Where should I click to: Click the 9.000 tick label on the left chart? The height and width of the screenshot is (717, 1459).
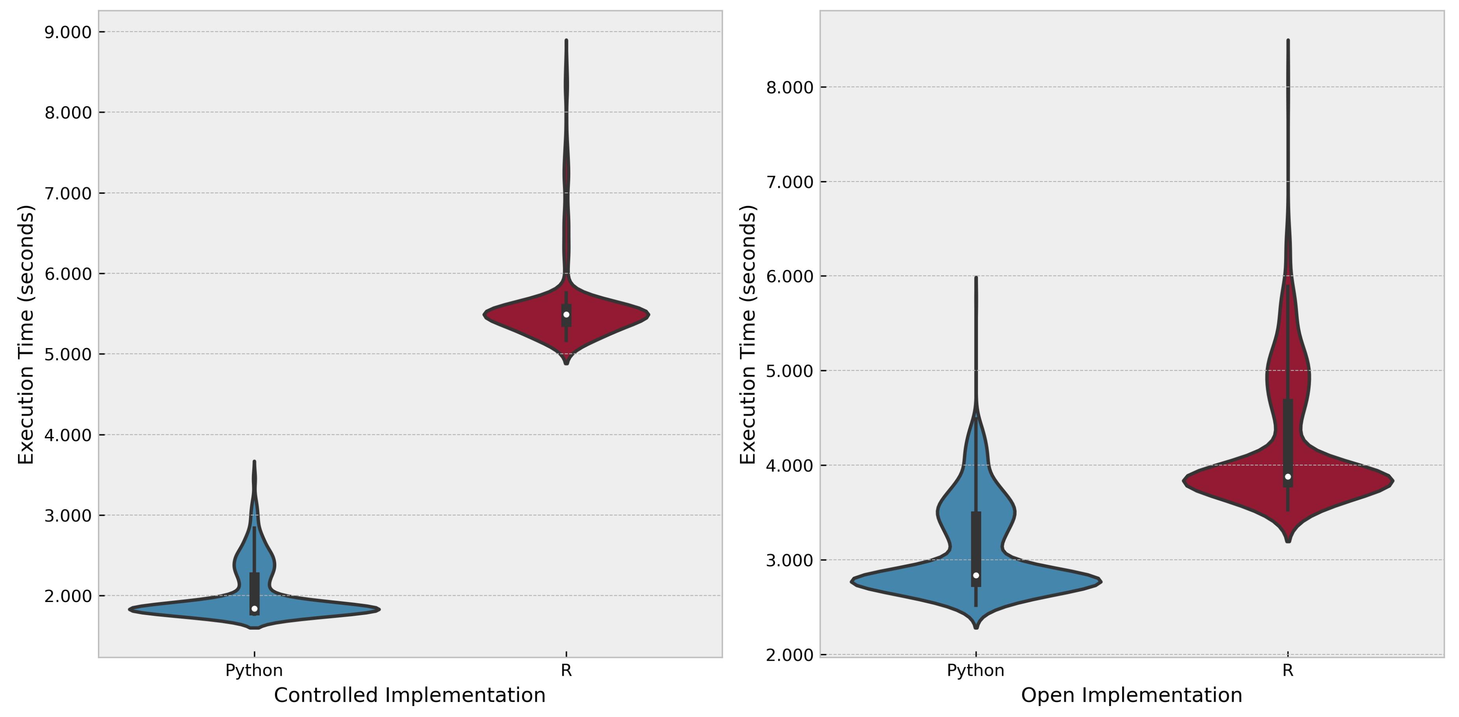pyautogui.click(x=68, y=32)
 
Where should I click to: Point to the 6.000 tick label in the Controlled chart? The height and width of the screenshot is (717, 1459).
pyautogui.click(x=68, y=274)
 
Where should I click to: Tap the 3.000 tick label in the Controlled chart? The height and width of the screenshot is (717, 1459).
pyautogui.click(x=68, y=516)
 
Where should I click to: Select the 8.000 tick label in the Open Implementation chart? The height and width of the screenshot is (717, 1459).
pyautogui.click(x=790, y=87)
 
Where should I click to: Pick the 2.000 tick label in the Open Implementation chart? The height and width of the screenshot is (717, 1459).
pyautogui.click(x=790, y=655)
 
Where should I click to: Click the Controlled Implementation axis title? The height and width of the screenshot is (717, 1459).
pyautogui.click(x=409, y=695)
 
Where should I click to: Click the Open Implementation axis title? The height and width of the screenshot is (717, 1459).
pyautogui.click(x=1131, y=695)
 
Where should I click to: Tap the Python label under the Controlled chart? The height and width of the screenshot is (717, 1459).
pyautogui.click(x=254, y=671)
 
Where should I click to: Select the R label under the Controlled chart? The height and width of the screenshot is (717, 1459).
pyautogui.click(x=566, y=671)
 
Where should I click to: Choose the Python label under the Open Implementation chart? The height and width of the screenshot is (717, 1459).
pyautogui.click(x=975, y=671)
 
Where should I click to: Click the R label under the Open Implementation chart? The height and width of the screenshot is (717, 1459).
pyautogui.click(x=1287, y=671)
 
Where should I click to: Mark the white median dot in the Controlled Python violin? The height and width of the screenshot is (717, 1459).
pyautogui.click(x=254, y=608)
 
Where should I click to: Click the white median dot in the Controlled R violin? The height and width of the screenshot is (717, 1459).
pyautogui.click(x=566, y=315)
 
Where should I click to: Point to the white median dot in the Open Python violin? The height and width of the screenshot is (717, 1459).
pyautogui.click(x=976, y=575)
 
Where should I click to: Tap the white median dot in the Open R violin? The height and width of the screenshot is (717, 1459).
pyautogui.click(x=1288, y=477)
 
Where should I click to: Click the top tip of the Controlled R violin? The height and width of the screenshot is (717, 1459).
pyautogui.click(x=566, y=41)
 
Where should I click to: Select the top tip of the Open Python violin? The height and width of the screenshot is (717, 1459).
pyautogui.click(x=976, y=278)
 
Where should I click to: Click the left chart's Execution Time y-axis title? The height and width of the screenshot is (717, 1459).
pyautogui.click(x=26, y=334)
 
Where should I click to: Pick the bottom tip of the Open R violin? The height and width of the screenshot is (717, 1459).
pyautogui.click(x=1288, y=541)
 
